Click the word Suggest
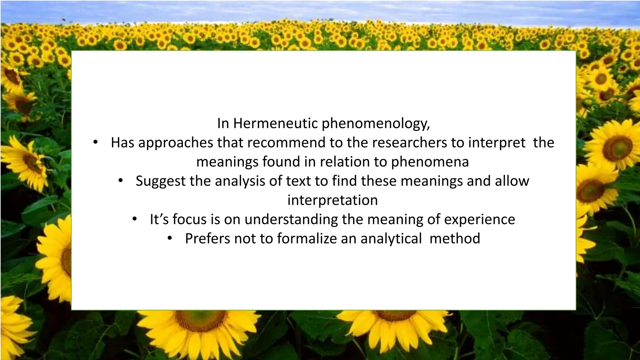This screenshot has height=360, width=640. pos(161,181)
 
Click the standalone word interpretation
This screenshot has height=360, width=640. pos(332,200)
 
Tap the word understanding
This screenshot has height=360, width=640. pos(291,219)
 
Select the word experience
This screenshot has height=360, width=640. pos(479,220)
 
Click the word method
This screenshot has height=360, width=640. pos(455,238)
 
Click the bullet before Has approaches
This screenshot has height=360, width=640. pos(95,143)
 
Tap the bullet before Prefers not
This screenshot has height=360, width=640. pos(170,239)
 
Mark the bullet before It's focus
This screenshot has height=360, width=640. pos(134,219)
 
